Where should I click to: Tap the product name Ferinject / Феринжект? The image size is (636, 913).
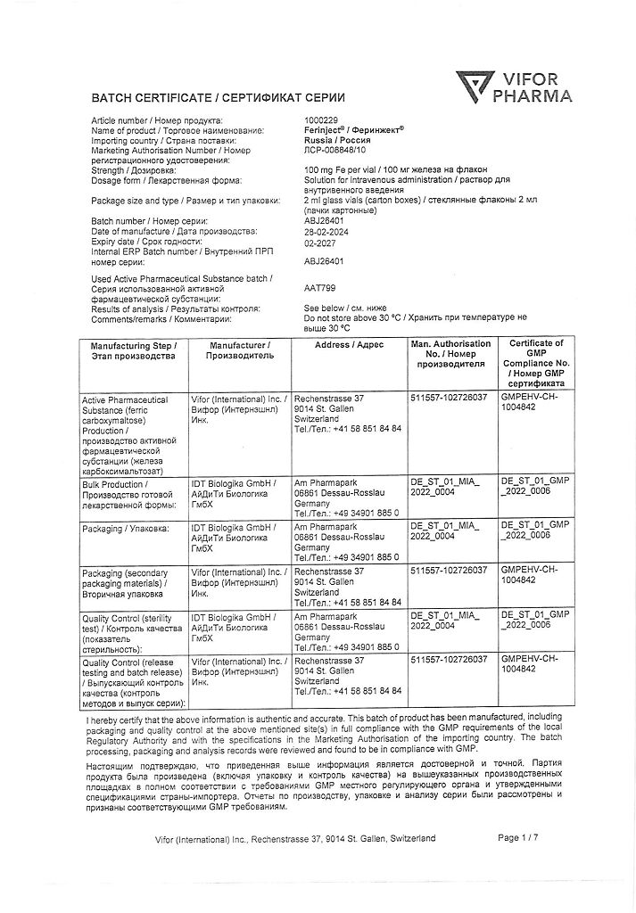click(x=353, y=130)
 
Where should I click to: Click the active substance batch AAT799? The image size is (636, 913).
click(x=319, y=289)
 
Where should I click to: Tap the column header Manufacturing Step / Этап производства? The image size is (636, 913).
click(x=134, y=350)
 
